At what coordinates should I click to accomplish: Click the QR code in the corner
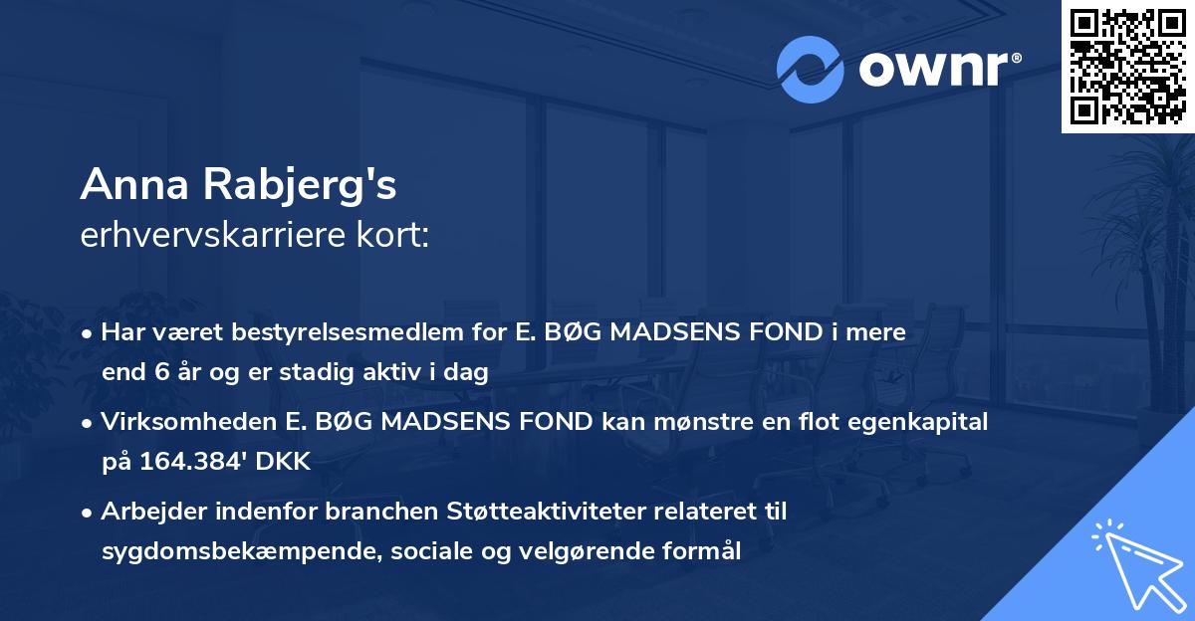[1126, 67]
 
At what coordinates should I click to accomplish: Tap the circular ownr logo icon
[810, 70]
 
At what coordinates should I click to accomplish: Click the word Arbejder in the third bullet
[146, 512]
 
